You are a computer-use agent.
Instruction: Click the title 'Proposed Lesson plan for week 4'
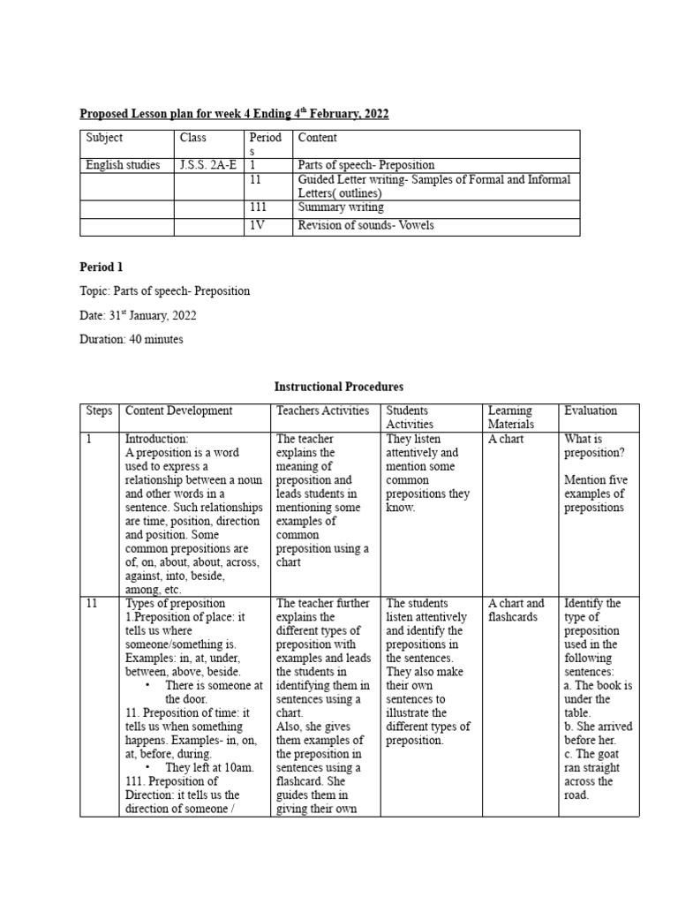(x=234, y=114)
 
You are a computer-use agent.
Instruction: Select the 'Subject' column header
(x=104, y=138)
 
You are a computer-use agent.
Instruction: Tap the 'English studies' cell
(x=123, y=164)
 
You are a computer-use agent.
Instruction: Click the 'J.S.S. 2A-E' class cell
(x=208, y=164)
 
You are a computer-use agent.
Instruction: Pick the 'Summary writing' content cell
(x=341, y=207)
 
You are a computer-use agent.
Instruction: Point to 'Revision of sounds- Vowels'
(x=366, y=226)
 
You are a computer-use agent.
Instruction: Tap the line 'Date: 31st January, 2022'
(x=138, y=315)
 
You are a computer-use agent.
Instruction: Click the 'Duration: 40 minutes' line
(x=131, y=340)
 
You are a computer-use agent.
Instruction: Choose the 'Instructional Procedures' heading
(x=339, y=387)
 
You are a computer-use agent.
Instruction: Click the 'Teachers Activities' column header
(x=320, y=411)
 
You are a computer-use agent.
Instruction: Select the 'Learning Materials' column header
(x=511, y=417)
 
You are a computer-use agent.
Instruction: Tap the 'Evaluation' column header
(x=591, y=411)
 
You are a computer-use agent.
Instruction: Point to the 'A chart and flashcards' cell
(x=516, y=610)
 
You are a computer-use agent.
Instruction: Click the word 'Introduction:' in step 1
(x=157, y=439)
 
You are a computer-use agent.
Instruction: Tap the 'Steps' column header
(x=99, y=411)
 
